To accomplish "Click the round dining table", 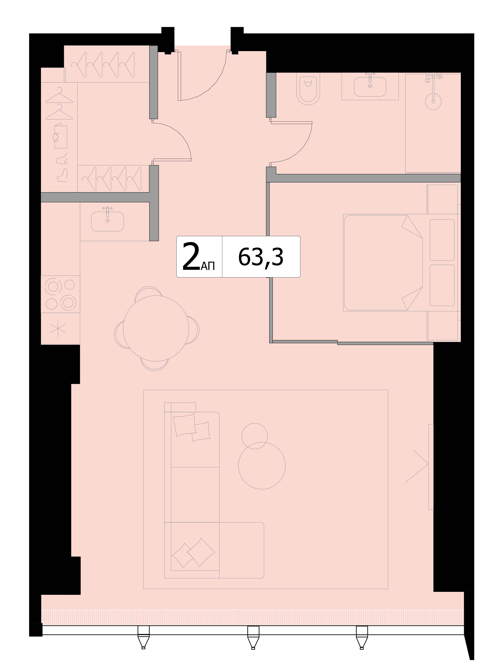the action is pyautogui.click(x=156, y=328).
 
